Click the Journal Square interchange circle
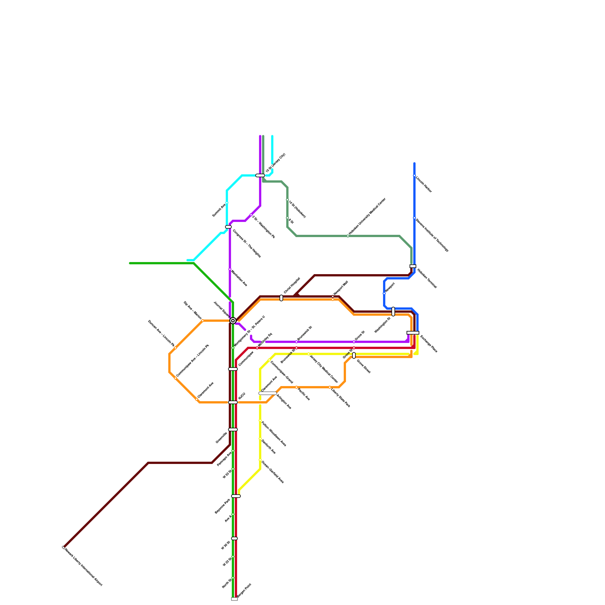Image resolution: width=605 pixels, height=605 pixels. point(233,321)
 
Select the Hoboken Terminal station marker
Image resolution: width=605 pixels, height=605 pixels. point(413,266)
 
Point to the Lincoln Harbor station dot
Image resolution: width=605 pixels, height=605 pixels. point(414,175)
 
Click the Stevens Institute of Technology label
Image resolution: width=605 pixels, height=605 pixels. point(432,235)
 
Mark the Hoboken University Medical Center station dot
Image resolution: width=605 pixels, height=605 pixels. point(348,236)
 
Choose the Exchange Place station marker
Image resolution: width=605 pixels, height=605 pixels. point(413,333)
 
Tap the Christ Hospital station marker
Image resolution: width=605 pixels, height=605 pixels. point(281,298)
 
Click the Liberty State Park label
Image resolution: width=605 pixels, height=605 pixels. point(340,398)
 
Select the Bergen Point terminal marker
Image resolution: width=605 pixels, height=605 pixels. point(234,599)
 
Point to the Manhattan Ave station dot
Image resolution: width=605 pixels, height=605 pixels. point(230,269)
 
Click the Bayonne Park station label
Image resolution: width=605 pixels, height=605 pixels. point(222,506)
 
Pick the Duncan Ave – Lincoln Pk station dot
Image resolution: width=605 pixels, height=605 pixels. point(175,348)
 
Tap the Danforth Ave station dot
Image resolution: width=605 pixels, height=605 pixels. point(260,439)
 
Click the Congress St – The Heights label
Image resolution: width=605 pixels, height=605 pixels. point(247,244)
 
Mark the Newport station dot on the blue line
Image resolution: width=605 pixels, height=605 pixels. point(384,293)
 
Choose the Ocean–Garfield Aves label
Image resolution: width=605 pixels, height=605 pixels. point(272,472)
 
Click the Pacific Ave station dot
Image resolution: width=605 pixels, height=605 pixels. point(296,387)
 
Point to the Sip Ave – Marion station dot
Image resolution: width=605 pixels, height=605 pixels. point(203,321)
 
